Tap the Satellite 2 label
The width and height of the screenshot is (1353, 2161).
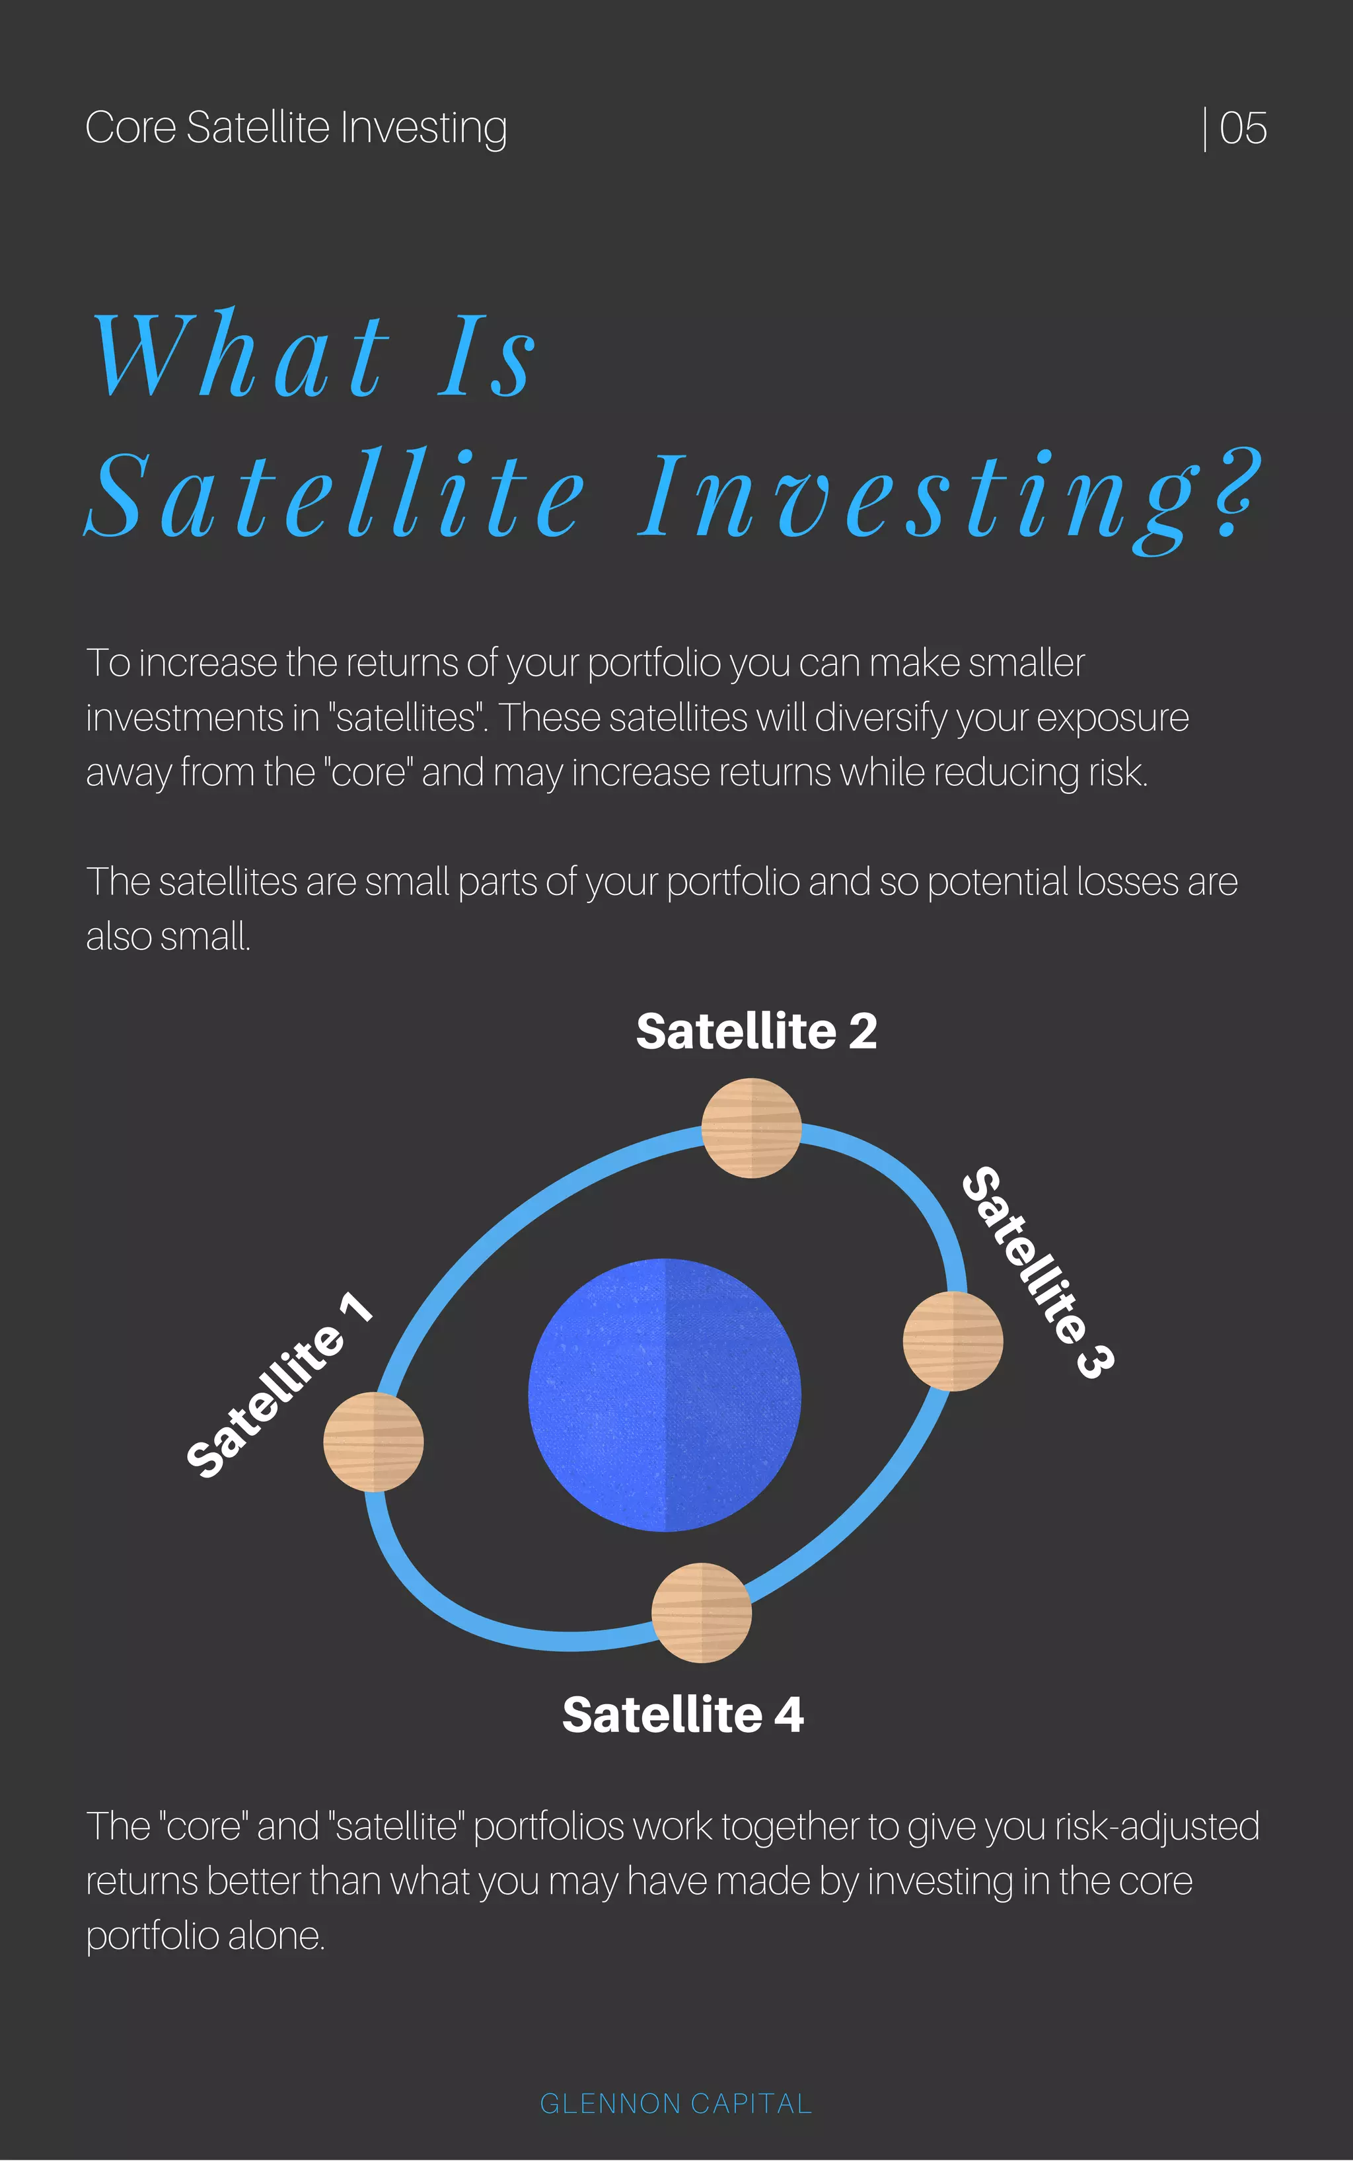(756, 1031)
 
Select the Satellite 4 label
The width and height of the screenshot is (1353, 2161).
(682, 1714)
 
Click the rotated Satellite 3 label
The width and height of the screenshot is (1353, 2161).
(1038, 1271)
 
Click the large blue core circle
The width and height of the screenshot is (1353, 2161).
(665, 1395)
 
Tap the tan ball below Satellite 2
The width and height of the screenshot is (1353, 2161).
(750, 1128)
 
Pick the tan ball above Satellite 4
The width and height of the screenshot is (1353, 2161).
(702, 1612)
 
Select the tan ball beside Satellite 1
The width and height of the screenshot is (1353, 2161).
(373, 1441)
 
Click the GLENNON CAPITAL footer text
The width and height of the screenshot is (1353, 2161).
(676, 2103)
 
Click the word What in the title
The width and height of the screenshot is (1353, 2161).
(242, 356)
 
